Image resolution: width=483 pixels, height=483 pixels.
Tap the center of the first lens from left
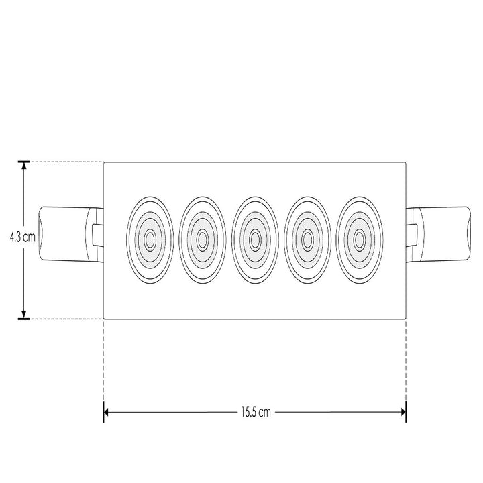[x=150, y=239]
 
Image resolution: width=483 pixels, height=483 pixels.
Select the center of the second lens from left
[x=202, y=239]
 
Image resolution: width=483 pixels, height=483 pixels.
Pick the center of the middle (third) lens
[x=255, y=239]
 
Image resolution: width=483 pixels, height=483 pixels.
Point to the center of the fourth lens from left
[x=307, y=239]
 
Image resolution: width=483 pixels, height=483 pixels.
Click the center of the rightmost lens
[x=360, y=239]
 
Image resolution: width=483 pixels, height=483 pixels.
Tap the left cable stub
[x=64, y=234]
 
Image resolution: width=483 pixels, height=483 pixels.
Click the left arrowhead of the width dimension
[x=107, y=413]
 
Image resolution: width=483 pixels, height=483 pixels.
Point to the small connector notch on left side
[x=98, y=234]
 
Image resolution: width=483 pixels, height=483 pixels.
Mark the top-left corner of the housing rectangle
[x=104, y=162]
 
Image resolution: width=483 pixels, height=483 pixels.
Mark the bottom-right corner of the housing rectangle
[x=405, y=319]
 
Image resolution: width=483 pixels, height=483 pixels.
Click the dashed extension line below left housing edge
[x=104, y=362]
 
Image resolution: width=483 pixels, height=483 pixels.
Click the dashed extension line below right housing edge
[x=405, y=362]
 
